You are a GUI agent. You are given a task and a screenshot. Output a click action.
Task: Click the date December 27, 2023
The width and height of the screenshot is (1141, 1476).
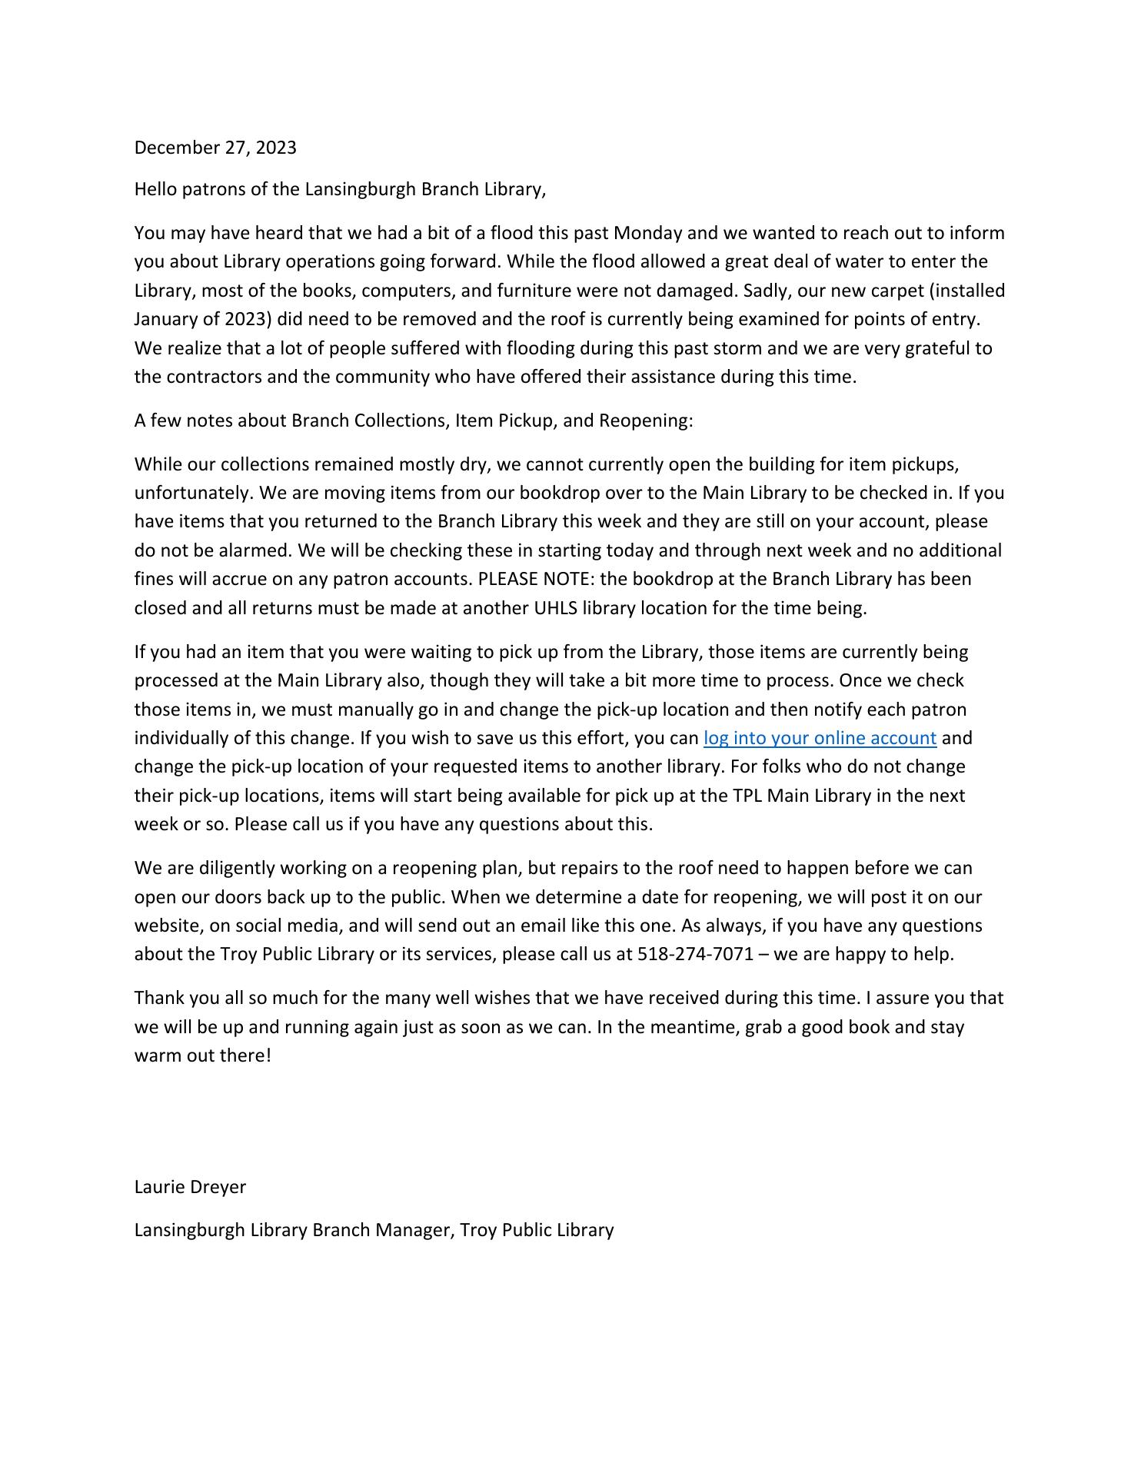pyautogui.click(x=215, y=148)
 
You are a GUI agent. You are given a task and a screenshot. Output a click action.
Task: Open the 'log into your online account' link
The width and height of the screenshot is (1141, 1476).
pyautogui.click(x=820, y=738)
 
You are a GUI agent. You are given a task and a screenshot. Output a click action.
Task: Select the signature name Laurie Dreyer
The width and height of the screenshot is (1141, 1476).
pyautogui.click(x=190, y=1186)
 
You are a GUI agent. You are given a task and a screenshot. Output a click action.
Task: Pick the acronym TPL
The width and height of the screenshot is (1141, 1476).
pyautogui.click(x=743, y=796)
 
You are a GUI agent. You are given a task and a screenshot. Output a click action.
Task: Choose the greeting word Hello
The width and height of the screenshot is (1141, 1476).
pyautogui.click(x=155, y=189)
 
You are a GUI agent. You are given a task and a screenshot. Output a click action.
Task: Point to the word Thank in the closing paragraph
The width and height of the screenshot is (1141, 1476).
pyautogui.click(x=158, y=998)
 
